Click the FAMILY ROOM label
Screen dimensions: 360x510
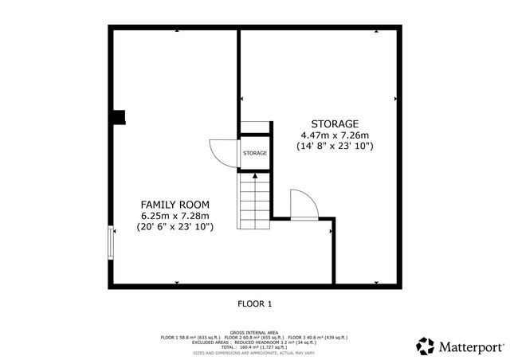tap(175, 203)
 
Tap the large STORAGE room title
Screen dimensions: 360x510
tap(335, 123)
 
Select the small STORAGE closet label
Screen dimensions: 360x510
tap(255, 153)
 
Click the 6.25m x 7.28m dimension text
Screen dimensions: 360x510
tap(175, 215)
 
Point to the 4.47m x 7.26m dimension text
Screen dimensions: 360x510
tap(335, 135)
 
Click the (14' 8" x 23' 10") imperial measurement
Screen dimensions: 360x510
tap(335, 147)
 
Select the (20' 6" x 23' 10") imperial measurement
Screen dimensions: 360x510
tap(175, 227)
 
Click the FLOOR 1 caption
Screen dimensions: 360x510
tap(255, 303)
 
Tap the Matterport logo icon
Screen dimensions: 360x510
tap(426, 346)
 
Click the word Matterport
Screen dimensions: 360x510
tap(470, 346)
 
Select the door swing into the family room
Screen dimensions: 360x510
tap(220, 152)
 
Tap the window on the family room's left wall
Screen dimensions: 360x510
tap(111, 243)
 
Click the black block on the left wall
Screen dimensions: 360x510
tap(118, 118)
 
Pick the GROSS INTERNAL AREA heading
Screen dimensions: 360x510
tap(254, 332)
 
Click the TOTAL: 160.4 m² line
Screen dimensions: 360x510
tap(254, 346)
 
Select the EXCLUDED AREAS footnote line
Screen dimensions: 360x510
tap(254, 342)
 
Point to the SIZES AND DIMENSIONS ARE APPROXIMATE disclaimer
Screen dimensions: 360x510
tap(254, 351)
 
